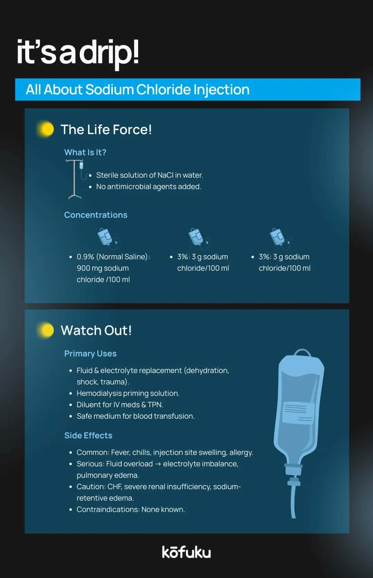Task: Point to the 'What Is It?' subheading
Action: coord(85,152)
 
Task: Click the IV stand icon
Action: coord(75,179)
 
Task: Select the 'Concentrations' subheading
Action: coord(96,215)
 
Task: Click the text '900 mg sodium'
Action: coord(103,268)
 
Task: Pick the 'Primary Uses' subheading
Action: coord(90,354)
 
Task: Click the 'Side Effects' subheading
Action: coord(88,436)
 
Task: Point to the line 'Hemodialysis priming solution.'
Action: coord(128,393)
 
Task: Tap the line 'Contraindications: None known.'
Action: coord(131,510)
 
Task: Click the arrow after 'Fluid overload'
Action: coord(158,464)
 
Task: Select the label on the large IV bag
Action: coord(298,413)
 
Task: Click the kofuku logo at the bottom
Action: coord(186,552)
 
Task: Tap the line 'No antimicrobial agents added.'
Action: coord(149,187)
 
